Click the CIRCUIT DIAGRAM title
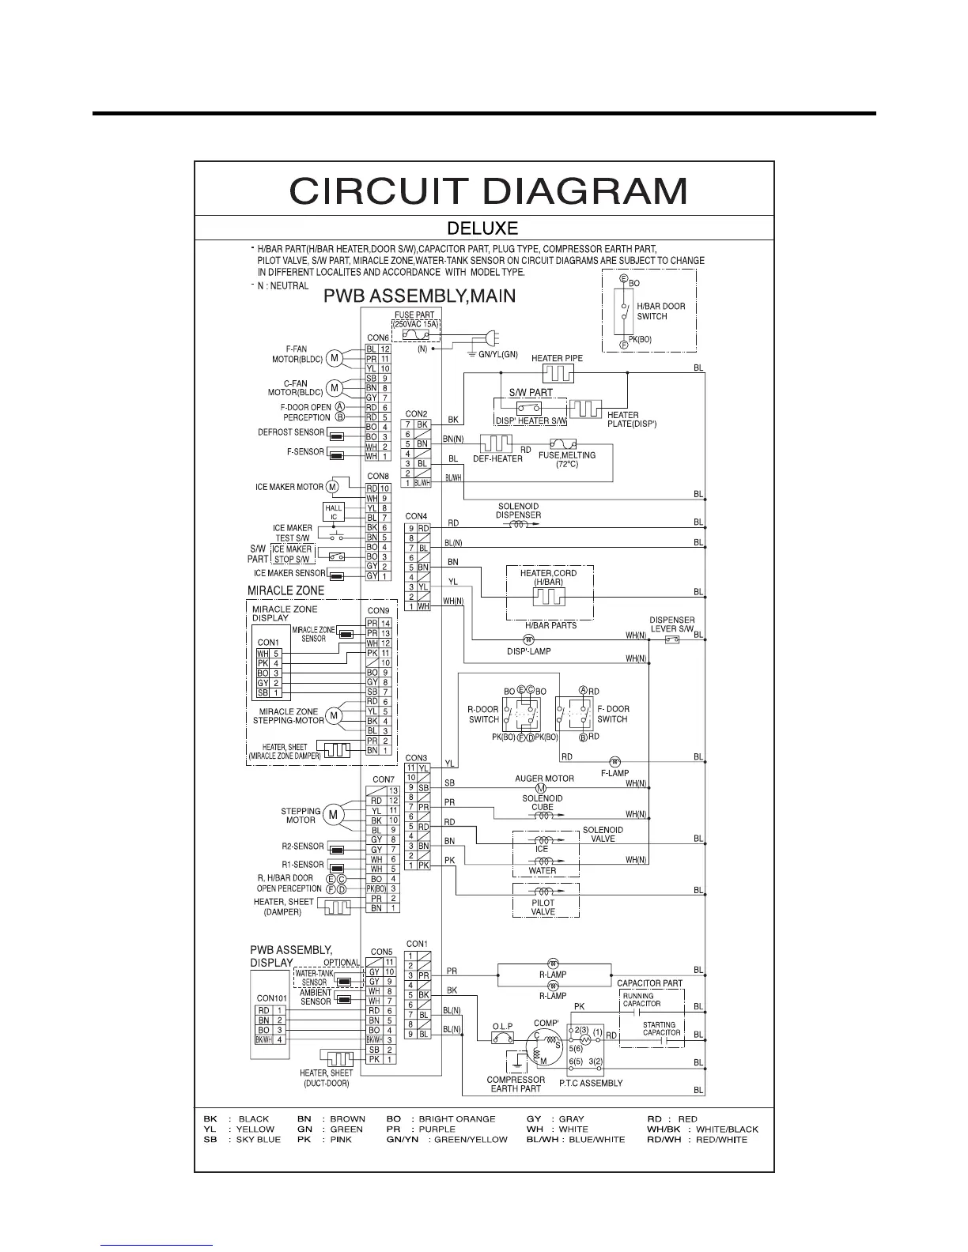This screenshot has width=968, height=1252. coord(488,191)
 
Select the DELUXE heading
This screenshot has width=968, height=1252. coord(482,228)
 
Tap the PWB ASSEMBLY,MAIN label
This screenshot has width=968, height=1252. coord(420,296)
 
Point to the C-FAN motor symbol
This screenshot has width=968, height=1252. coord(334,388)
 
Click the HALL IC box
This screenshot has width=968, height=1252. coord(334,512)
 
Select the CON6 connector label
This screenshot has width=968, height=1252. coord(378,338)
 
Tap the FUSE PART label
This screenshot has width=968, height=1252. coord(415,315)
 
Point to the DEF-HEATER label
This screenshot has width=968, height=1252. coord(497,458)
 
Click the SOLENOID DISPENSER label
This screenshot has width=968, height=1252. coord(518,511)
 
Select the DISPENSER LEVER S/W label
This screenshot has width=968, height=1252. coord(672,624)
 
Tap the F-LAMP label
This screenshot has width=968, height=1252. coord(614,772)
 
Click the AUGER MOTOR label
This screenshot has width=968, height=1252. coord(544,779)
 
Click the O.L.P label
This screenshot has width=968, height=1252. coord(503,1027)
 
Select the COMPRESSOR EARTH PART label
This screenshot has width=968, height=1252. coord(516,1084)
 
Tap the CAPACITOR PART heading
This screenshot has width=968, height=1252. coord(649,983)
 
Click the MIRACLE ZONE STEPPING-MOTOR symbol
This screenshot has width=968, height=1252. coord(334,716)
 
